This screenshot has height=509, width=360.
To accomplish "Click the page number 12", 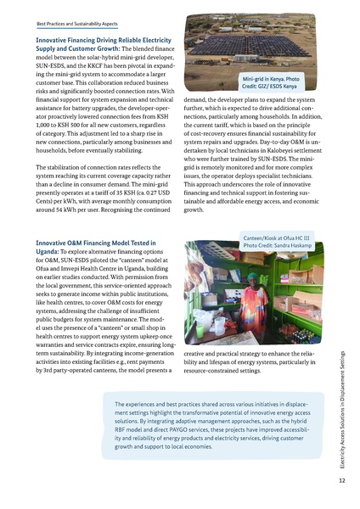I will coord(340,480).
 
